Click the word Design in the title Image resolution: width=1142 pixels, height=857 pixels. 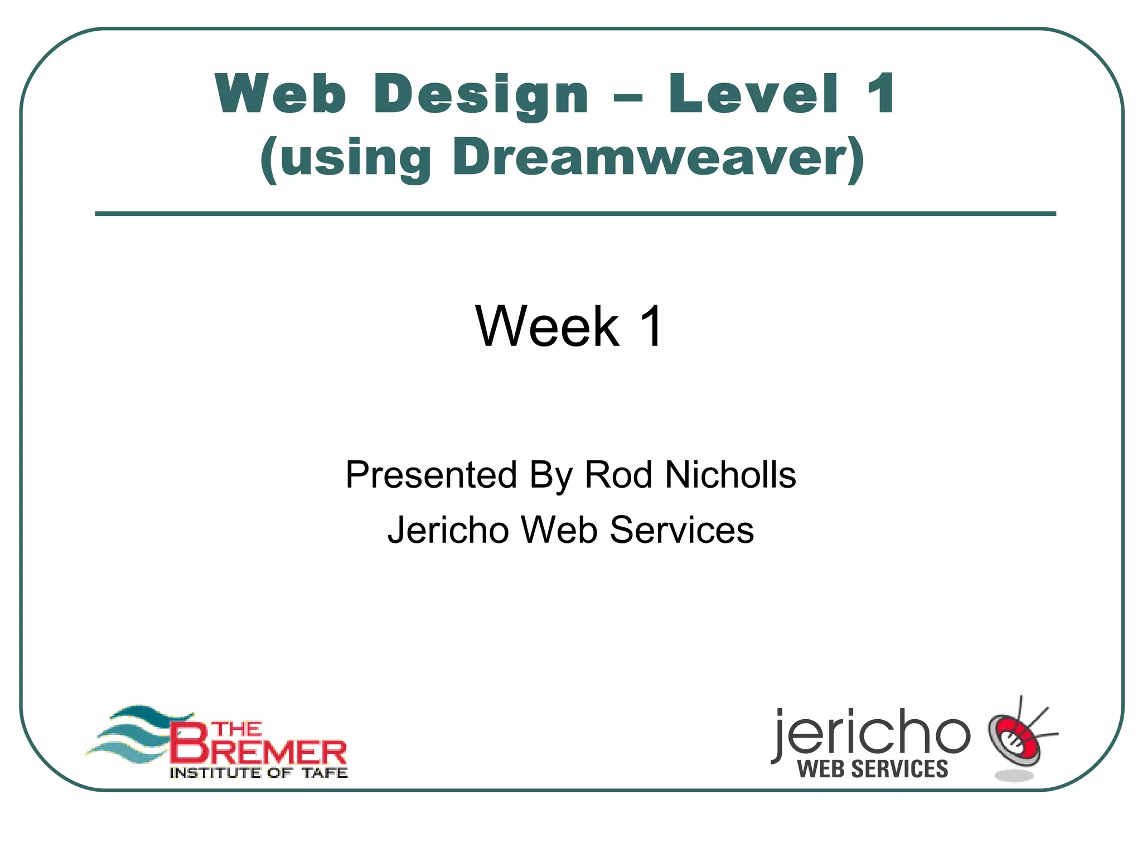coord(481,95)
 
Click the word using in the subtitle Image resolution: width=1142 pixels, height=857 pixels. coord(355,158)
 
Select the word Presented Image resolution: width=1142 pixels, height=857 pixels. coord(431,475)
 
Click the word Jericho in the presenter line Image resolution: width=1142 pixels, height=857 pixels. coord(448,529)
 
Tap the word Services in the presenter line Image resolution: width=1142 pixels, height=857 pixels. coord(681,529)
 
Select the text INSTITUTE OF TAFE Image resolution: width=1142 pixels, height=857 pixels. coord(258,773)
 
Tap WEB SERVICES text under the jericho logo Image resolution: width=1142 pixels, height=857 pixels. coord(872,769)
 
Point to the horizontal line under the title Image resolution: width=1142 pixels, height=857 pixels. coord(575,214)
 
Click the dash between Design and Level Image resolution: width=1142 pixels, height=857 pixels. coord(628,98)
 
